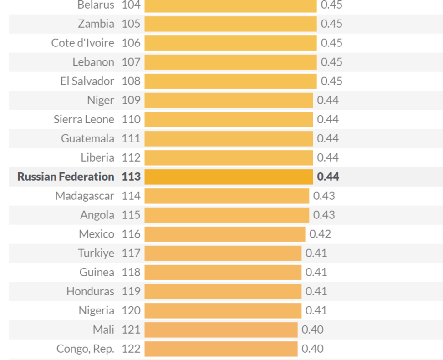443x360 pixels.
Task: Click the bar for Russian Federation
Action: (229, 177)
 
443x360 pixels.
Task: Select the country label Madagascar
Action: (85, 196)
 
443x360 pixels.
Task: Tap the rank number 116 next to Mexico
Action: (131, 234)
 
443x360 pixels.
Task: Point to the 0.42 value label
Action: (320, 234)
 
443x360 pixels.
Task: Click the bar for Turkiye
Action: (223, 253)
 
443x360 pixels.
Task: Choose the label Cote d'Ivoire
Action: (82, 43)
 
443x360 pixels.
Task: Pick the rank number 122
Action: (131, 349)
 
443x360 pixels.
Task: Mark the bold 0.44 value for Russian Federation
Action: (328, 177)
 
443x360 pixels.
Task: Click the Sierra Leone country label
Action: (84, 119)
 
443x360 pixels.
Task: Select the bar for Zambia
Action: (230, 24)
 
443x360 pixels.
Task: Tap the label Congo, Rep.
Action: (85, 349)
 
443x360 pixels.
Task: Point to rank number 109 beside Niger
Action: (131, 100)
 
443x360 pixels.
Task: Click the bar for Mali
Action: (221, 330)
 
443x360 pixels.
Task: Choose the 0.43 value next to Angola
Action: (324, 215)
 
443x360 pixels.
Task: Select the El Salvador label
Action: (87, 81)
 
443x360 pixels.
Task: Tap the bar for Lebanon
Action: (230, 62)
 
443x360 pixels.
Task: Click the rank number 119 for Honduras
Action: (131, 291)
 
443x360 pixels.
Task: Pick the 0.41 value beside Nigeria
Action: (316, 310)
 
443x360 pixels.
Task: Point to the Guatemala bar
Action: (229, 138)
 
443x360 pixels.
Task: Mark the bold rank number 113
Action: (131, 177)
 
